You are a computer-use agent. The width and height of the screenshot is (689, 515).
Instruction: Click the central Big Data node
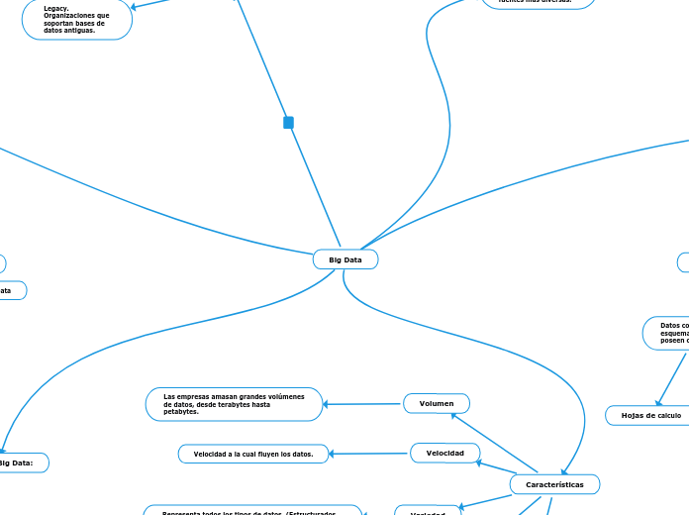pyautogui.click(x=345, y=259)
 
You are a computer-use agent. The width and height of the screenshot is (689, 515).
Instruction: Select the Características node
pyautogui.click(x=554, y=484)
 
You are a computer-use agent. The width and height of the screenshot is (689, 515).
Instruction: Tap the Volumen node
pyautogui.click(x=437, y=403)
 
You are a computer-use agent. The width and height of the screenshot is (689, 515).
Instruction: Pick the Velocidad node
pyautogui.click(x=444, y=453)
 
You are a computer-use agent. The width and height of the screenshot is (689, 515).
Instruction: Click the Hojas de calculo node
pyautogui.click(x=649, y=415)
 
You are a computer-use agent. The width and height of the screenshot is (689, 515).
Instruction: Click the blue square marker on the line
pyautogui.click(x=288, y=123)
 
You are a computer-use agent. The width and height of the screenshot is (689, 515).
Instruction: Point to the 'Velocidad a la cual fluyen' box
pyautogui.click(x=253, y=454)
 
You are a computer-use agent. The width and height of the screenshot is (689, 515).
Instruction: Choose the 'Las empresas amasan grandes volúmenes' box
pyautogui.click(x=233, y=403)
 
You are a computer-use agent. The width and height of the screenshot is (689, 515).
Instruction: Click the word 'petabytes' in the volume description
pyautogui.click(x=181, y=411)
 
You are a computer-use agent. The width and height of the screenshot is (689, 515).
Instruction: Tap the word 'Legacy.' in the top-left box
pyautogui.click(x=56, y=8)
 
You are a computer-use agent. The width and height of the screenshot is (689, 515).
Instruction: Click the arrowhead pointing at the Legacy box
pyautogui.click(x=135, y=8)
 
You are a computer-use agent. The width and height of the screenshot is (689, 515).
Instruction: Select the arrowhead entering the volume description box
pyautogui.click(x=328, y=404)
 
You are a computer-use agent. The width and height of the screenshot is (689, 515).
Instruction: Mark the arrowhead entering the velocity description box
pyautogui.click(x=333, y=455)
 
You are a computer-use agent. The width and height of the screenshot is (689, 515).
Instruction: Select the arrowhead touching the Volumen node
pyautogui.click(x=451, y=415)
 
